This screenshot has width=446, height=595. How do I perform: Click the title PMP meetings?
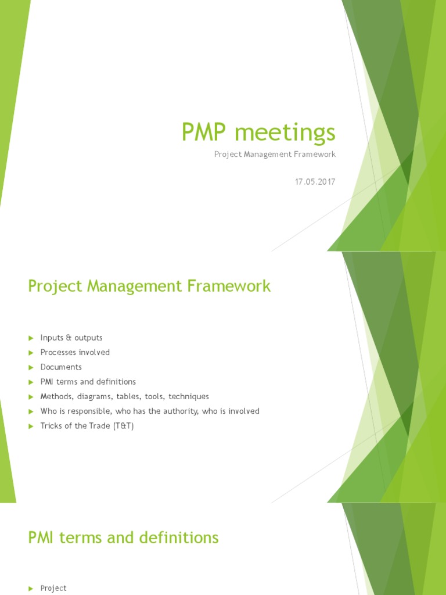click(x=258, y=133)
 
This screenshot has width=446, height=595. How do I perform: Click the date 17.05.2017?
click(x=315, y=182)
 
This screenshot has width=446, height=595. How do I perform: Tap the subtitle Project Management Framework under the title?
click(x=275, y=155)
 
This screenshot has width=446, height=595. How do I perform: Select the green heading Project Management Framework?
click(x=149, y=286)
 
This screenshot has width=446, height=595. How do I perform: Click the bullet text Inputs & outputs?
click(x=71, y=338)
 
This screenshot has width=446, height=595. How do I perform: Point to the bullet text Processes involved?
click(x=75, y=352)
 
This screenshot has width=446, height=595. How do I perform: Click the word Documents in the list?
click(x=61, y=367)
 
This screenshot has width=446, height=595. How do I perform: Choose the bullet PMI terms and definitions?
click(x=88, y=382)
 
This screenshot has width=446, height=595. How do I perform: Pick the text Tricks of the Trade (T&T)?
click(x=87, y=426)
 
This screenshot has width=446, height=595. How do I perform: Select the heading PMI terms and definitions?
click(x=123, y=537)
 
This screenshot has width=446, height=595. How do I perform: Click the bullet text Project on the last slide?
click(x=53, y=588)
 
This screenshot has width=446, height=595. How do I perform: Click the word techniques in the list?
click(x=188, y=396)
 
